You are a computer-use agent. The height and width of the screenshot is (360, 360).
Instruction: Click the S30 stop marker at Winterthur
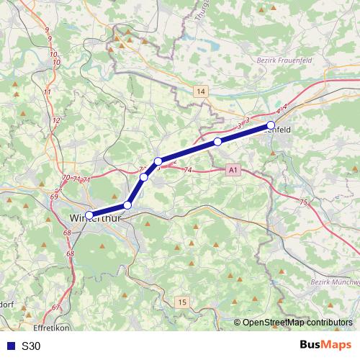pyautogui.click(x=89, y=215)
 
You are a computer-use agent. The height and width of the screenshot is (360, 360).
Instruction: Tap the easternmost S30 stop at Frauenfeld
pyautogui.click(x=271, y=125)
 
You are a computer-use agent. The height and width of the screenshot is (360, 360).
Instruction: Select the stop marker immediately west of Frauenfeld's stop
pyautogui.click(x=217, y=142)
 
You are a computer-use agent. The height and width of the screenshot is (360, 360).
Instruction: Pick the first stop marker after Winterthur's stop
pyautogui.click(x=127, y=205)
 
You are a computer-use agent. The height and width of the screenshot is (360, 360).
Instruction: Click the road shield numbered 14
pyautogui.click(x=200, y=91)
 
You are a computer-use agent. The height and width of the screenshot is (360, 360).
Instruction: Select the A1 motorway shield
pyautogui.click(x=232, y=171)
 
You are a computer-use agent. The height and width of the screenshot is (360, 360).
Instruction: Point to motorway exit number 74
pyautogui.click(x=189, y=170)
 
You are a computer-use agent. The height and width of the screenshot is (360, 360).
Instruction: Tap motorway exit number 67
pyautogui.click(x=56, y=308)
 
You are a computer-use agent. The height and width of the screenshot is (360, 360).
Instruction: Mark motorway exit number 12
pyautogui.click(x=57, y=120)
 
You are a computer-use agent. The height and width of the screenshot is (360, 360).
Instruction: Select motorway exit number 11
pyautogui.click(x=48, y=92)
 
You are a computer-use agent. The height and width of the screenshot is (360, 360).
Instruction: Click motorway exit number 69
pyautogui.click(x=55, y=196)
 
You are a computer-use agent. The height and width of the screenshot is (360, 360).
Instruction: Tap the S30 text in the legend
pyautogui.click(x=31, y=346)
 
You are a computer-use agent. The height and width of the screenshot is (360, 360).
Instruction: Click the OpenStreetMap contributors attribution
pyautogui.click(x=297, y=323)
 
